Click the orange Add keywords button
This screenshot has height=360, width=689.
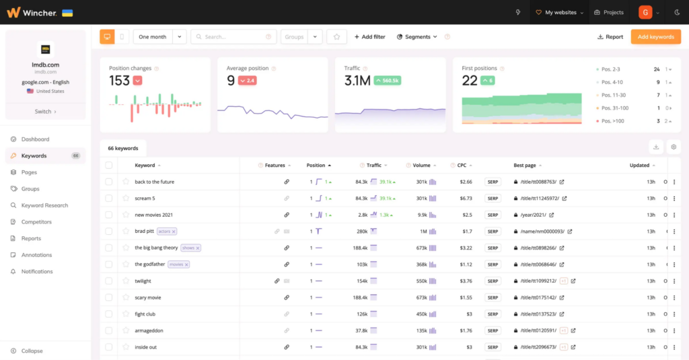point(655,37)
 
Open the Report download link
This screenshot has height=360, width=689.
point(610,37)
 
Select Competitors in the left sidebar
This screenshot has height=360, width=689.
point(36,222)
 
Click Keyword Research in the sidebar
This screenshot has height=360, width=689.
point(44,205)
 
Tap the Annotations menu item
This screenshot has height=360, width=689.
point(36,255)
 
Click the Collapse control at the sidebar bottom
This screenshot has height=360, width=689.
point(32,351)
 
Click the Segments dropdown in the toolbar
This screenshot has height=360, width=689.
point(417,37)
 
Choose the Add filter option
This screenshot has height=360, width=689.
point(369,37)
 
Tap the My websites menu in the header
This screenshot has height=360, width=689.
point(558,12)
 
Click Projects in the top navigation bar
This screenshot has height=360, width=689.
point(609,12)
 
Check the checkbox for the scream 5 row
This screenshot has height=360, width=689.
point(109,199)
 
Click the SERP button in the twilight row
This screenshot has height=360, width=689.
point(493,281)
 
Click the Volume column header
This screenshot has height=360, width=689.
point(421,165)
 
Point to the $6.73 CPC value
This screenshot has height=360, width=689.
point(465,199)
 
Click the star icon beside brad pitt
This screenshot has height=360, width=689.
point(125,231)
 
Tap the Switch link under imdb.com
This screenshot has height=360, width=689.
point(45,112)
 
